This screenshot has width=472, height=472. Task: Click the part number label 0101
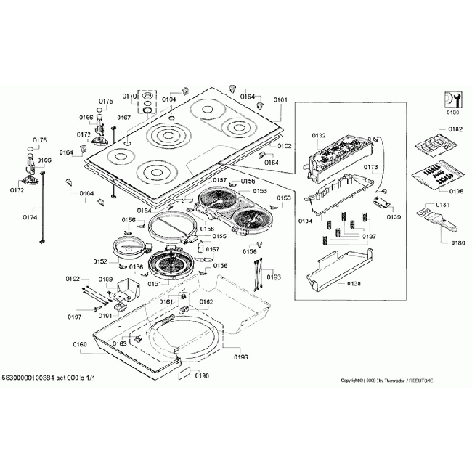280,99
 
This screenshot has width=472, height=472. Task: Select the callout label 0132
320,136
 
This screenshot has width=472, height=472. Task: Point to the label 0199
453,113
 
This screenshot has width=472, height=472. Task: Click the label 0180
456,243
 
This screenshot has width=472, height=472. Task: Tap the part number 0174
30,217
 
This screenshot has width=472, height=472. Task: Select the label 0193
274,277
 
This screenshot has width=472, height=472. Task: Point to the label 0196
241,357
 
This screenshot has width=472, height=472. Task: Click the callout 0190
202,375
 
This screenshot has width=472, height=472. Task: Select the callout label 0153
259,191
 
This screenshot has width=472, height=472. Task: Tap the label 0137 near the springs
370,237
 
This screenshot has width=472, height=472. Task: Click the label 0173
370,167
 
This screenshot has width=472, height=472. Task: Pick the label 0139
394,216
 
